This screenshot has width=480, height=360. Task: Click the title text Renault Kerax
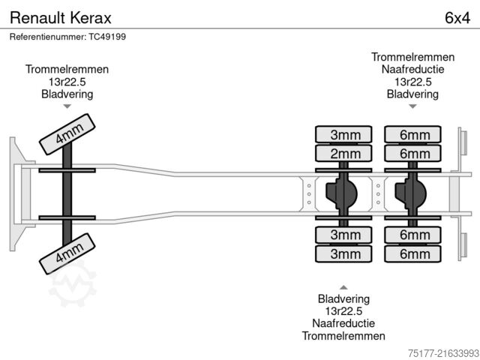pos(52,16)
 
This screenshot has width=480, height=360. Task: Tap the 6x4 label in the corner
pos(457,16)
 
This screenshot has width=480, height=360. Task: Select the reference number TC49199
pos(67,37)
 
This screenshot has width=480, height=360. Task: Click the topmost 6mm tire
pos(414,135)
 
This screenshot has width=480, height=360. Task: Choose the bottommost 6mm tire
pos(414,254)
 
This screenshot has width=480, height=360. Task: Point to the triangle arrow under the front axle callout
pos(67,107)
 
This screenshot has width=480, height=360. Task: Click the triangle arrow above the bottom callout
pos(343,287)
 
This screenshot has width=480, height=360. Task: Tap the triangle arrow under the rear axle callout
pos(413,107)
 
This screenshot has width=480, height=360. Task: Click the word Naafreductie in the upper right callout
pos(413,69)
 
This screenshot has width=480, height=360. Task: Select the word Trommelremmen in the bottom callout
pos(343,336)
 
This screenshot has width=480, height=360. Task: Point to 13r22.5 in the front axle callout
pos(67,81)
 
